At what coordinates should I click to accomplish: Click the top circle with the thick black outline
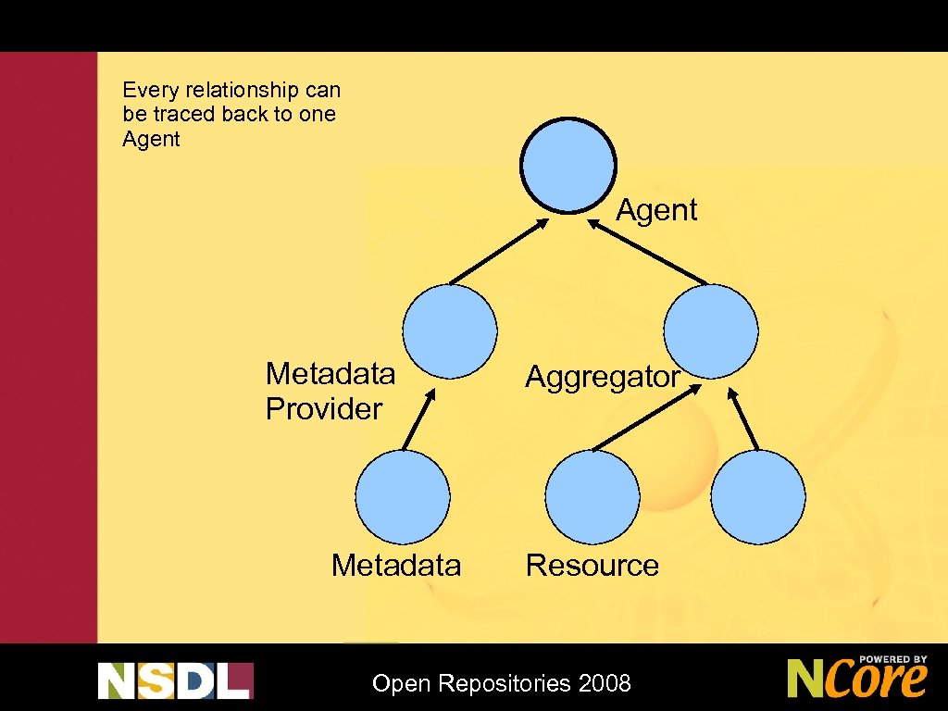point(568,167)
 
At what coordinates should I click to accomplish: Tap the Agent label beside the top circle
point(656,210)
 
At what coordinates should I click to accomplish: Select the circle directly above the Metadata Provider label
point(450,331)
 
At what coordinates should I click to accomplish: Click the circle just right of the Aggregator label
point(712,331)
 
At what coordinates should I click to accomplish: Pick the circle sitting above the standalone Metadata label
point(403,497)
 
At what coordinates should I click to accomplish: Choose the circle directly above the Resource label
point(592,497)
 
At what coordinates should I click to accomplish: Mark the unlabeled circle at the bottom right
point(759,497)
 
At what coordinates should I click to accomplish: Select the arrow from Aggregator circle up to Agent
point(648,251)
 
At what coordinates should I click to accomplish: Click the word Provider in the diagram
point(324,409)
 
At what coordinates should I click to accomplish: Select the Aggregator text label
point(603,377)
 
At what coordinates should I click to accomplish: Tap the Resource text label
point(592,566)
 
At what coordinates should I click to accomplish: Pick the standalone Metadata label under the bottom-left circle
point(396,566)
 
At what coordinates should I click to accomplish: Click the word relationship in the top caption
point(237,91)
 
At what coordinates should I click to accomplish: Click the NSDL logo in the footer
point(175,680)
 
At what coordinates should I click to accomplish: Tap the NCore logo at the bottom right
point(856,678)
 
